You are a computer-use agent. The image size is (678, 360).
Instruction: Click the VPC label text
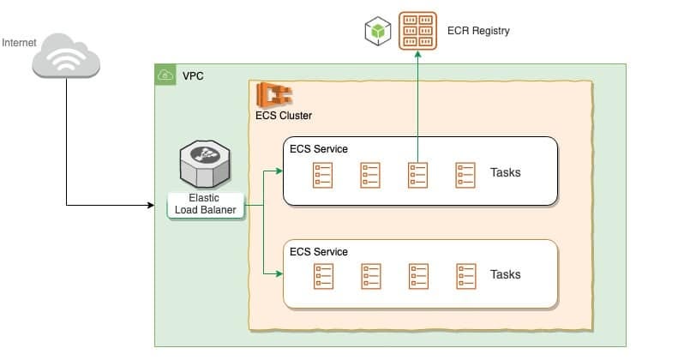click(x=193, y=76)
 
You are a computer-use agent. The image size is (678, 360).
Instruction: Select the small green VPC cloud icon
click(x=164, y=75)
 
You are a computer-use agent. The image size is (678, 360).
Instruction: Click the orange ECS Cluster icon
click(x=273, y=94)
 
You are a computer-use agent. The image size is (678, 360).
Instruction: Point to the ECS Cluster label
click(x=284, y=116)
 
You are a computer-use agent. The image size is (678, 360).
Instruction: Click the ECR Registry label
click(x=478, y=31)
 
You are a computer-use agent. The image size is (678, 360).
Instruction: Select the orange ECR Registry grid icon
click(x=418, y=32)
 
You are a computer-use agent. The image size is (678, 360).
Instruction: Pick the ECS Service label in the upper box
click(x=319, y=148)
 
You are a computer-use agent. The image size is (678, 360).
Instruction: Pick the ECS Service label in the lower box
click(x=319, y=251)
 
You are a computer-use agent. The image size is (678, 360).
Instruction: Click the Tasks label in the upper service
click(x=505, y=172)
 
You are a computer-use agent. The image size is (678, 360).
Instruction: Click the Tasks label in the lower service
click(x=505, y=274)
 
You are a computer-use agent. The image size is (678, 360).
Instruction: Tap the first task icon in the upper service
click(x=322, y=174)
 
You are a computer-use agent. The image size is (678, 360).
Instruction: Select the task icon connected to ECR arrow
click(x=417, y=174)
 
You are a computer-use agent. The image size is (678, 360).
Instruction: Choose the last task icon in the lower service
click(x=465, y=275)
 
